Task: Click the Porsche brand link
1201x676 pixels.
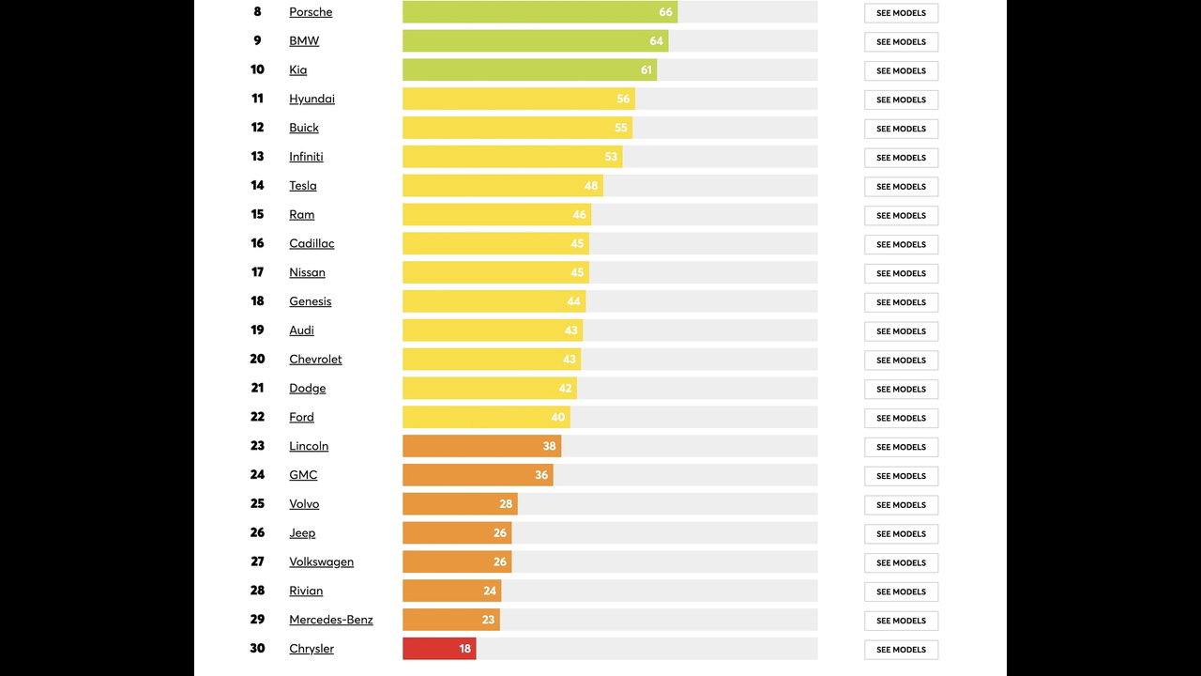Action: [311, 12]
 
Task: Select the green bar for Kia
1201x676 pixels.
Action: [529, 70]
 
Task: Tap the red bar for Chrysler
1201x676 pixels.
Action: [439, 649]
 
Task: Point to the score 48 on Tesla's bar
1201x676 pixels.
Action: [591, 186]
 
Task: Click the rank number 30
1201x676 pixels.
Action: [257, 649]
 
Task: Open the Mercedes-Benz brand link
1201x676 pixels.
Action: [330, 620]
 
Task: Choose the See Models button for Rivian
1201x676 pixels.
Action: [901, 591]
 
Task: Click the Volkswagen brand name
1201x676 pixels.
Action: [321, 561]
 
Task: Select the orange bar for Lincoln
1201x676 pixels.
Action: [481, 446]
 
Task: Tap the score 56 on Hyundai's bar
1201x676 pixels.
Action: [623, 100]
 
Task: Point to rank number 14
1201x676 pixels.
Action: [257, 186]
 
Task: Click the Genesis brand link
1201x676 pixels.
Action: [310, 301]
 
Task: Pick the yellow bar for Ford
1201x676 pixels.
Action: [486, 417]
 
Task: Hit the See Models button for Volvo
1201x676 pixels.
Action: [901, 505]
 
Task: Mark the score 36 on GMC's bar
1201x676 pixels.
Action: [541, 475]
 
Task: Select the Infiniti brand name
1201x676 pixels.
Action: [306, 157]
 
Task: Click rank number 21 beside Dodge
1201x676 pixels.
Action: [257, 388]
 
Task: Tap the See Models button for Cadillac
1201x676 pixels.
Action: [901, 244]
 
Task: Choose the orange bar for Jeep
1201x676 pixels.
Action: [457, 533]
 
